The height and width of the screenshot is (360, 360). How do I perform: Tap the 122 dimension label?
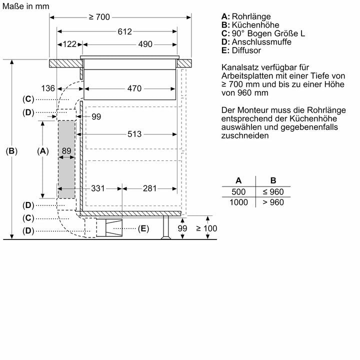(x=69, y=44)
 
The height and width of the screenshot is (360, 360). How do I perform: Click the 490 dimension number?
(x=144, y=44)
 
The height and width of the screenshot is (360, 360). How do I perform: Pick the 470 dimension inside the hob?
(x=134, y=88)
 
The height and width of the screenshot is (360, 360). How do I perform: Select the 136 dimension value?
(x=48, y=88)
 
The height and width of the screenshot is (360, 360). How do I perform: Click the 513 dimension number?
(x=134, y=134)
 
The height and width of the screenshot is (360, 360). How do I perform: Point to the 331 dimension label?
(x=98, y=188)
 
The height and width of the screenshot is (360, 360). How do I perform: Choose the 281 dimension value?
(x=149, y=188)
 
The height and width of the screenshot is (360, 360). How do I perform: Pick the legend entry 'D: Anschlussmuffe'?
(x=255, y=42)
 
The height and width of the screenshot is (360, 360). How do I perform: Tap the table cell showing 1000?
(x=239, y=202)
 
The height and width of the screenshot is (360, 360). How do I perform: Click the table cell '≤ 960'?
(x=272, y=192)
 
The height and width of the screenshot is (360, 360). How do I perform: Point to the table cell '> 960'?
(x=272, y=202)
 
